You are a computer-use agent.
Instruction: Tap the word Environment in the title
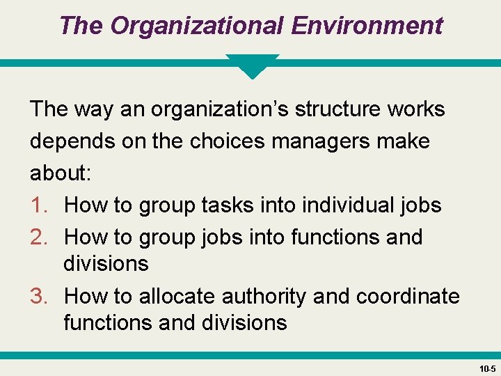(367, 26)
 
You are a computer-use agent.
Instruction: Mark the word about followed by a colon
(61, 173)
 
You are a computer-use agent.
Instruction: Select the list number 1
(39, 205)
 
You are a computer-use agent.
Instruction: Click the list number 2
(39, 237)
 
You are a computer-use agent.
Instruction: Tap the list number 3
(39, 297)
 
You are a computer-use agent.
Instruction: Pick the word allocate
(177, 297)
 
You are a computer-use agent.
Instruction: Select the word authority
(264, 297)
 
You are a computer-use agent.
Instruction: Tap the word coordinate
(408, 297)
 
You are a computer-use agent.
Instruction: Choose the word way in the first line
(91, 109)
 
